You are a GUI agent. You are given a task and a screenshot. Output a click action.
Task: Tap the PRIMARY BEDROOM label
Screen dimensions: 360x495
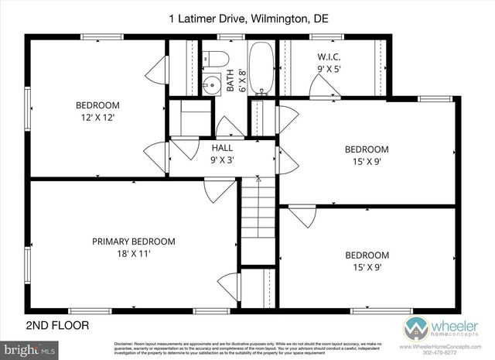[133, 241]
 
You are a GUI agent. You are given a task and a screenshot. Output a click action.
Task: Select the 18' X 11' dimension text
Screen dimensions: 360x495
[133, 253]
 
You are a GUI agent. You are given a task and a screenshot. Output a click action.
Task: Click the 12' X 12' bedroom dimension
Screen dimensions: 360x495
[97, 118]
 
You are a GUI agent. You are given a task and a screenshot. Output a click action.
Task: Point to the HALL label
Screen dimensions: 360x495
[222, 147]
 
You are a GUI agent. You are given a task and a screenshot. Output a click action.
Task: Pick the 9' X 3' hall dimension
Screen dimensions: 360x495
[222, 159]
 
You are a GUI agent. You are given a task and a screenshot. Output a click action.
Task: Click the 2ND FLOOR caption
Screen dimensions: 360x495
[57, 325]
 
